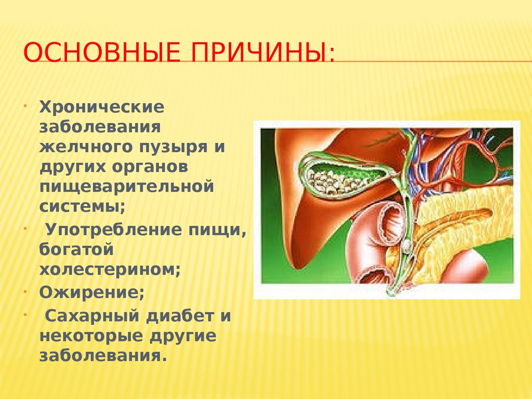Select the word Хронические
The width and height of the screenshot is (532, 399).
(102, 109)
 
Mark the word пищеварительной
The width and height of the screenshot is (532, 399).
(126, 185)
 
